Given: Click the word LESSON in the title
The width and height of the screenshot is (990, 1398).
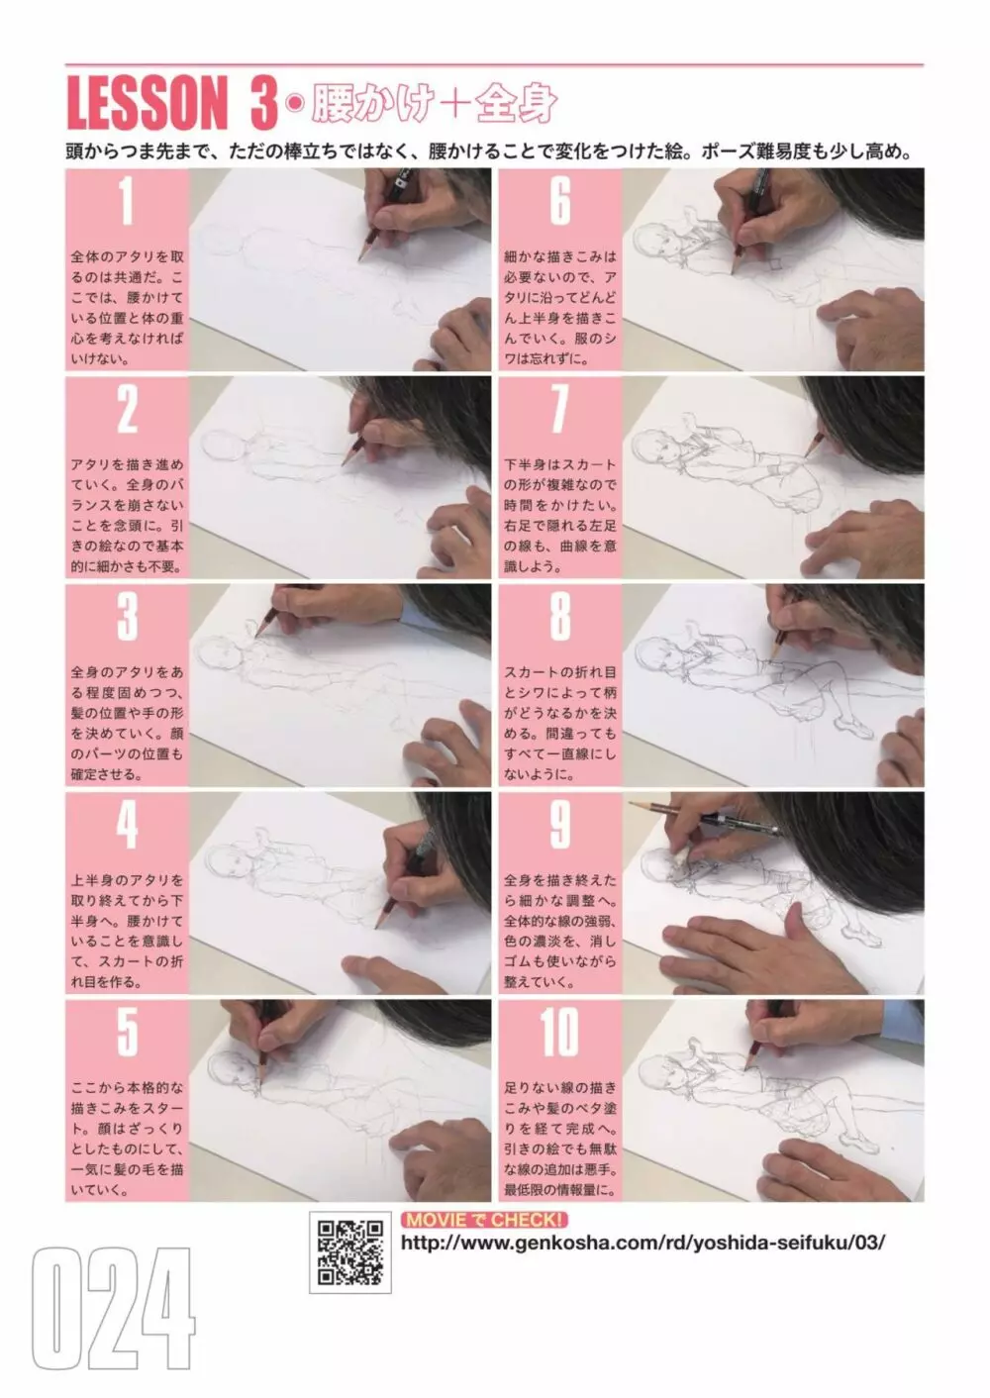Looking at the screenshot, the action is [147, 102].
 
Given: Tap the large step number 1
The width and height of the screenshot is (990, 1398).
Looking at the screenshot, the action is [126, 200].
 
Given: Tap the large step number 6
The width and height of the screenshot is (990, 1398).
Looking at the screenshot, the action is [560, 200].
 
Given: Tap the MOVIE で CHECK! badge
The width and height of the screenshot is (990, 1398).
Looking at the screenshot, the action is [484, 1220].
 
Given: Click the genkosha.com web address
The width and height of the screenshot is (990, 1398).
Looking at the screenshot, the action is [643, 1243].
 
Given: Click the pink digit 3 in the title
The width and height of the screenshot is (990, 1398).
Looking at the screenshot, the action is [264, 102].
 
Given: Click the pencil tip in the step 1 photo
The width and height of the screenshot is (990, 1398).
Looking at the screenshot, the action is [360, 259].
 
